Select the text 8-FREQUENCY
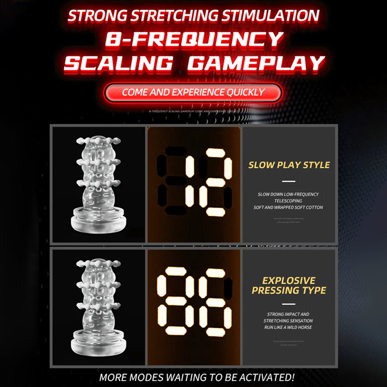coord(194,39)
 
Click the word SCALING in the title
coord(118,63)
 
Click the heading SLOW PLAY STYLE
coord(289,165)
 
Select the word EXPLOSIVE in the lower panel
coord(289,280)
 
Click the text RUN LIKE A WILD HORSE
coord(288,327)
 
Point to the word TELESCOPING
coord(288,201)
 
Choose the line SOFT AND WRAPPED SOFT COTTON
coord(288,207)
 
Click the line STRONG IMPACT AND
coord(288,314)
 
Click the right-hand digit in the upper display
coord(216,182)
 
